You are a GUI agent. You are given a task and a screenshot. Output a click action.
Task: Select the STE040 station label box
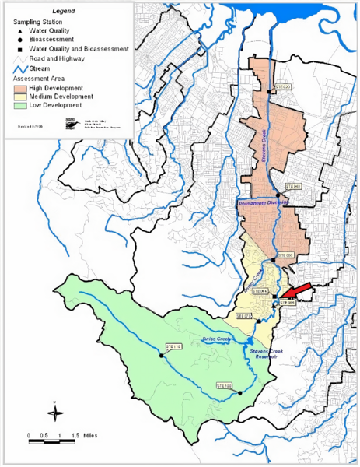pyautogui.click(x=292, y=187)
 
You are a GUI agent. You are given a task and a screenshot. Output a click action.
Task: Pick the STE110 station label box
pyautogui.click(x=173, y=346)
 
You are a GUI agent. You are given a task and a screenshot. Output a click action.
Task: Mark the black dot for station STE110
pyautogui.click(x=162, y=355)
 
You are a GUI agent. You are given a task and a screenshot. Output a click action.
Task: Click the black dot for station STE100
pyautogui.click(x=241, y=392)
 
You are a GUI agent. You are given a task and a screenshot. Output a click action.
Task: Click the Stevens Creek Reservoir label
pyautogui.click(x=269, y=355)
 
